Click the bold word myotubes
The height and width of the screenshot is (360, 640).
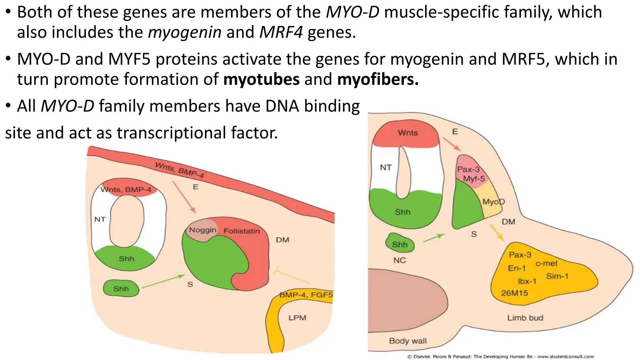click(x=261, y=79)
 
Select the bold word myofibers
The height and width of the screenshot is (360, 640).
click(x=377, y=79)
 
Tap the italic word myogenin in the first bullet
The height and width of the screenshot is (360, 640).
click(x=185, y=32)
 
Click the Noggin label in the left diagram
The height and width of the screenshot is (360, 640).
click(x=202, y=230)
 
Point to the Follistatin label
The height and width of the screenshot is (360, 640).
click(x=242, y=231)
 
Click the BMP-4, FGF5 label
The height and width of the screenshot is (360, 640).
click(x=306, y=295)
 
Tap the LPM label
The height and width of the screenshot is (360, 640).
click(x=297, y=318)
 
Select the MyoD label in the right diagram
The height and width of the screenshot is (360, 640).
click(x=493, y=202)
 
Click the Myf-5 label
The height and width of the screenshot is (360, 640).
click(x=474, y=179)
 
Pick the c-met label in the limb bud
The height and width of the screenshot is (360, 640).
click(x=546, y=263)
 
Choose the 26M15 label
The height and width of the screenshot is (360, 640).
click(x=514, y=293)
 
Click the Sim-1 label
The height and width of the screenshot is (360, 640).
click(x=557, y=276)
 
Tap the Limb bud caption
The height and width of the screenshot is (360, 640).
click(x=525, y=318)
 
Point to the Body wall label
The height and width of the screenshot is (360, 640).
click(x=407, y=341)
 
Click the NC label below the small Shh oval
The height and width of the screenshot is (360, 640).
click(x=399, y=260)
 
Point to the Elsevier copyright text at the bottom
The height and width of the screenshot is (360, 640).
click(x=500, y=357)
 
